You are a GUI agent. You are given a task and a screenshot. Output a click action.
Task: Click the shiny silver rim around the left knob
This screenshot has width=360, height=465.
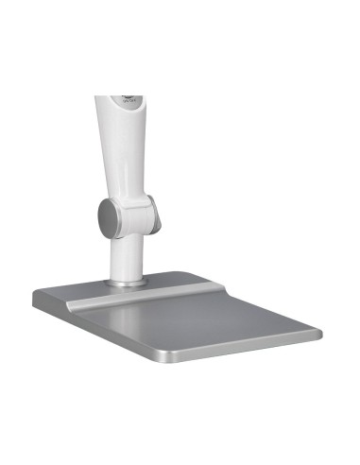tap(99, 219)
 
